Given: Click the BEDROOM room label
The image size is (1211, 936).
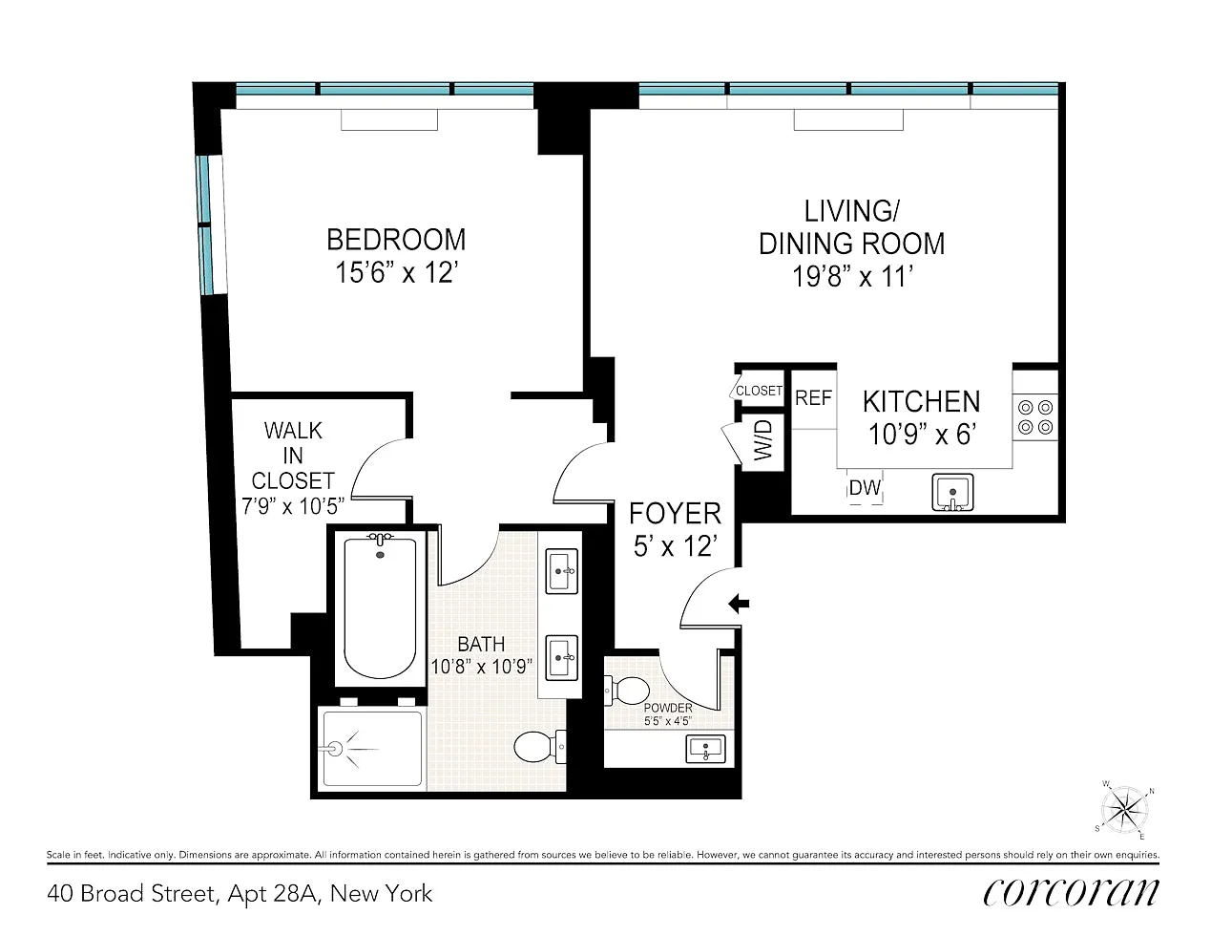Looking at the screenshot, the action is coord(396,240).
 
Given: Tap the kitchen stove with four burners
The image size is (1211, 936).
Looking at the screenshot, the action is coord(1035,417).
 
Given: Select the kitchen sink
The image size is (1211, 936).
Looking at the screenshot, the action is coord(952,492).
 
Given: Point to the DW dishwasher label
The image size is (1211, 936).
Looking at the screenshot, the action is coord(865,487).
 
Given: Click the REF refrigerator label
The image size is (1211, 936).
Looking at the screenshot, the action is coord(813,397).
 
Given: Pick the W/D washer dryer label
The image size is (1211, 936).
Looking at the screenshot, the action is coord(763,440).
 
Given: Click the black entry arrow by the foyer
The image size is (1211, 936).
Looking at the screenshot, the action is coord(739,603).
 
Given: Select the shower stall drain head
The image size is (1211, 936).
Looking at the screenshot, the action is coord(335,749).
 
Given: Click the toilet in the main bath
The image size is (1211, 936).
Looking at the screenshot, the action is coord(539,748).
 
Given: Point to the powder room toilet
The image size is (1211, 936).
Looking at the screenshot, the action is coord(628,691).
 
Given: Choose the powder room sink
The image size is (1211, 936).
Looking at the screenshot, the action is coord(705,749).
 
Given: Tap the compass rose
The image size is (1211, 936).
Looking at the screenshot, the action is coord(1124,810).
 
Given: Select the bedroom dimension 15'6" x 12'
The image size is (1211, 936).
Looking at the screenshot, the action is coord(396,273).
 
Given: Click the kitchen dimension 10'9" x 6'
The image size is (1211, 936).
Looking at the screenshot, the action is coord(922,435).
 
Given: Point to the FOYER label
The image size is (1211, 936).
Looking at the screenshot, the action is coord(675,513).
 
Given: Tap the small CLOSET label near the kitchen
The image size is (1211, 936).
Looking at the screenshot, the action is coord(759,391).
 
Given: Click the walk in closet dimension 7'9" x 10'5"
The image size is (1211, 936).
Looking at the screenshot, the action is coord(293,506).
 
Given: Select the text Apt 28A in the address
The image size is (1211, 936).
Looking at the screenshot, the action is coord(273,894).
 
